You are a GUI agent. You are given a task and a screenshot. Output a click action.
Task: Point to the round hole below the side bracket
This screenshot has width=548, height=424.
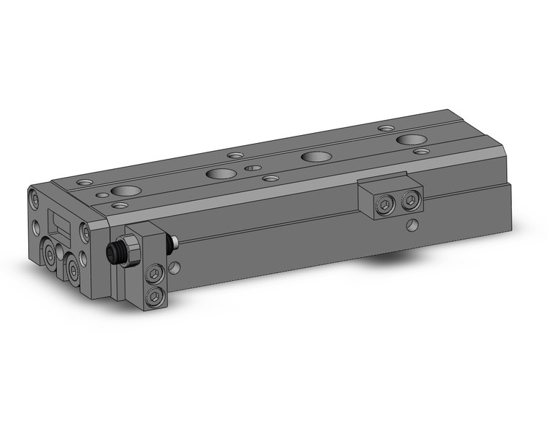point(411,225)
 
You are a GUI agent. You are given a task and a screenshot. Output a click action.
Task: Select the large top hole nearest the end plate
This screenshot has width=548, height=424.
point(125,191)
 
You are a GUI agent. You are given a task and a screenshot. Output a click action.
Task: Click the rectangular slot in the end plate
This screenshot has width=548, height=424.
point(57,221)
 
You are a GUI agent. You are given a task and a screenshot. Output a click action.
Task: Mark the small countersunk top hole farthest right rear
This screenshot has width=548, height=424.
point(386,128)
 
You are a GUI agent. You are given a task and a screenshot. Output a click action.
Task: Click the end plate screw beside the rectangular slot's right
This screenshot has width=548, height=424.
point(84,230)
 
